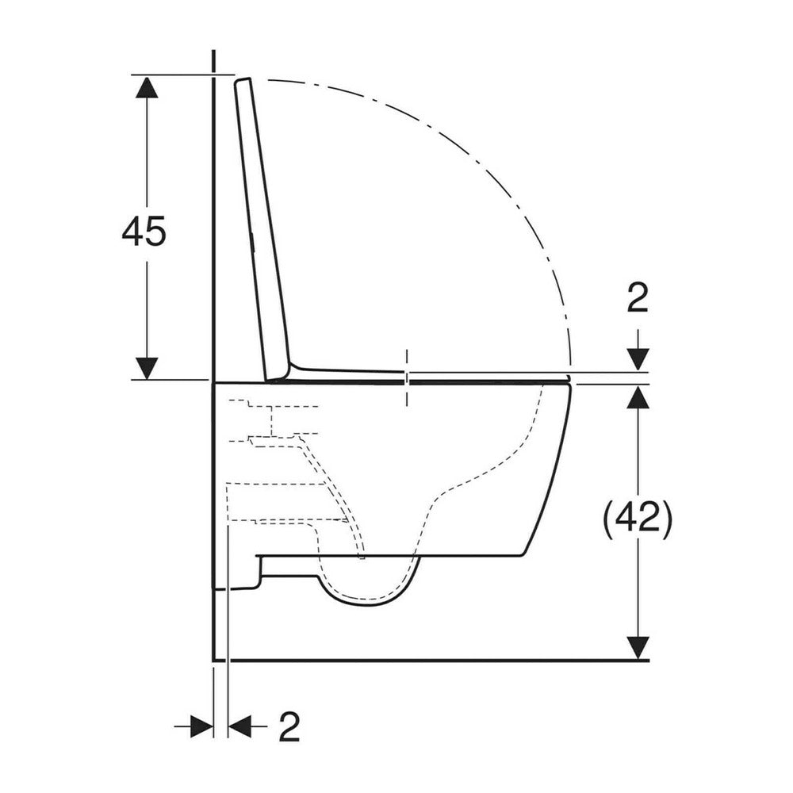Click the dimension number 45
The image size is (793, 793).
pyautogui.click(x=144, y=231)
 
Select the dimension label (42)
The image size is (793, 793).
pyautogui.click(x=638, y=517)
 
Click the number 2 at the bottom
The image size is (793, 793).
pyautogui.click(x=289, y=726)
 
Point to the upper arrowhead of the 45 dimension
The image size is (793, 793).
pyautogui.click(x=147, y=86)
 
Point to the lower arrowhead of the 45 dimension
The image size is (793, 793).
pyautogui.click(x=147, y=368)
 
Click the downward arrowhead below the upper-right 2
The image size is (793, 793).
pyautogui.click(x=638, y=360)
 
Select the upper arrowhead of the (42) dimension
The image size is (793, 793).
pyautogui.click(x=638, y=396)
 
